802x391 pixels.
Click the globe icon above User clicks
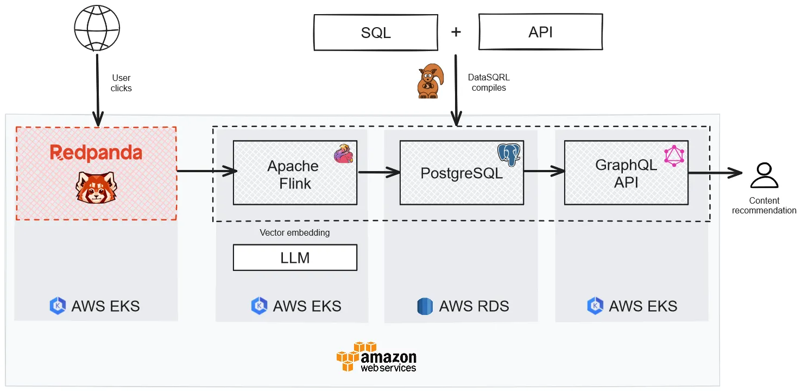click(97, 28)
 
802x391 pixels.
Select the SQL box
click(376, 33)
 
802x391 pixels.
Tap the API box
click(540, 33)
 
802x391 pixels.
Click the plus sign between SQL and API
click(456, 32)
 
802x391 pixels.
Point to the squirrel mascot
click(429, 82)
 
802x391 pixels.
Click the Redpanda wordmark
click(96, 153)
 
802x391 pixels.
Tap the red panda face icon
click(96, 186)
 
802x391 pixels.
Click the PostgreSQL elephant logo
click(509, 154)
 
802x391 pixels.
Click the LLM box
click(295, 257)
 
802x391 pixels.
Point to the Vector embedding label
click(294, 232)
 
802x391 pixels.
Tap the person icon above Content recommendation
click(763, 175)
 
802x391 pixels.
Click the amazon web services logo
click(376, 357)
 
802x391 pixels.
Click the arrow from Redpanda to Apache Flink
click(206, 172)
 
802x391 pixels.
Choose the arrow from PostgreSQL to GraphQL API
click(544, 172)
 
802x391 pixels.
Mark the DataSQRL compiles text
click(489, 83)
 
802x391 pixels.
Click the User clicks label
click(121, 83)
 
